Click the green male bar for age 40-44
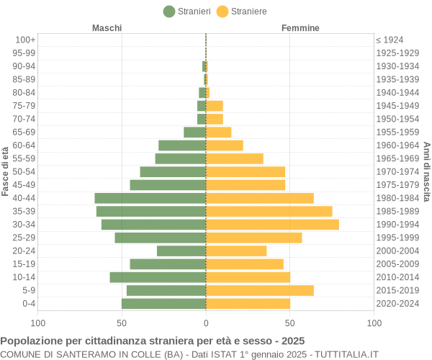(x=150, y=198)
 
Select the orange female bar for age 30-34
(x=272, y=225)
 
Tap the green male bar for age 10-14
(x=158, y=277)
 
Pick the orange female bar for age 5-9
(x=259, y=290)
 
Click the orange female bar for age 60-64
(x=225, y=145)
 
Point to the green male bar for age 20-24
(x=181, y=251)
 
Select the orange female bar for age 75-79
(x=215, y=106)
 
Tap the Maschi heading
(x=107, y=28)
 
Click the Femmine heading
(x=300, y=28)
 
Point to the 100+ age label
(x=25, y=40)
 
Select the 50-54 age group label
(x=24, y=171)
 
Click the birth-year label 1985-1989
(x=397, y=211)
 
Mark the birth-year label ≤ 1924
(x=390, y=40)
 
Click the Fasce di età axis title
(x=6, y=171)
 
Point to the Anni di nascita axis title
(x=426, y=171)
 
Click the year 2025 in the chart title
(x=292, y=341)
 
